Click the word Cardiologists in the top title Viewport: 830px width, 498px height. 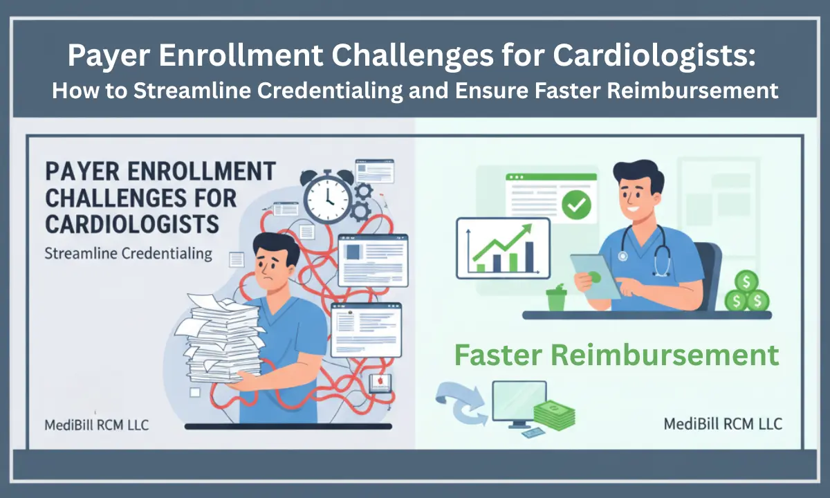click(654, 55)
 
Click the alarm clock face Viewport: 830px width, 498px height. click(327, 199)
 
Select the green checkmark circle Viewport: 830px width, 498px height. click(576, 204)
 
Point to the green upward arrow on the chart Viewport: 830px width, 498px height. click(503, 242)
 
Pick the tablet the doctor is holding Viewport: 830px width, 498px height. click(595, 277)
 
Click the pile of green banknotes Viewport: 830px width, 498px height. click(554, 414)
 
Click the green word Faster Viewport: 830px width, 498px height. click(498, 355)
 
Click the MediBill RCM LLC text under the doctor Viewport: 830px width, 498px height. click(723, 424)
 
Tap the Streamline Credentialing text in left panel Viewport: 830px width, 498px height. click(128, 254)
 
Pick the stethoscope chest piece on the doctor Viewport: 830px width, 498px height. click(622, 256)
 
